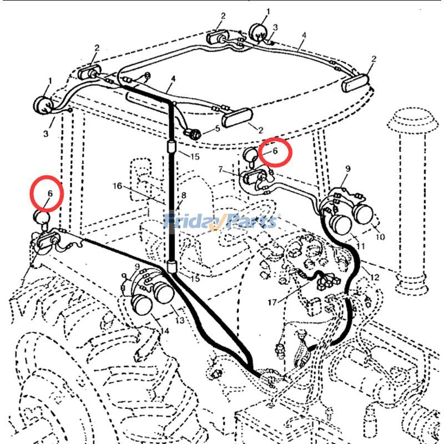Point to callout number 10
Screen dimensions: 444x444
tap(380, 237)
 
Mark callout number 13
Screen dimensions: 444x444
tap(180, 320)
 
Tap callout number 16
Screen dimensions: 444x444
tap(117, 186)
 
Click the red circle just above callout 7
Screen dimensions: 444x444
tap(274, 152)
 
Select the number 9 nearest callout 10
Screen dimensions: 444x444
tap(348, 168)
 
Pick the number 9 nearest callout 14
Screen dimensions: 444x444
tap(136, 266)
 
